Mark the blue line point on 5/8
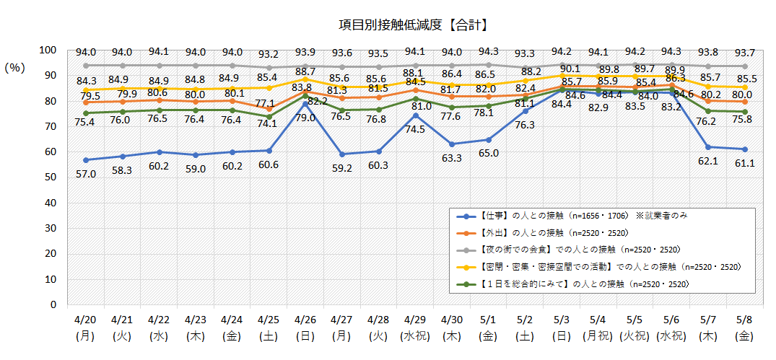pos(745,149)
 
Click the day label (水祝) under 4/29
pos(414,336)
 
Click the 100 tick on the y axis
pos(47,50)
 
